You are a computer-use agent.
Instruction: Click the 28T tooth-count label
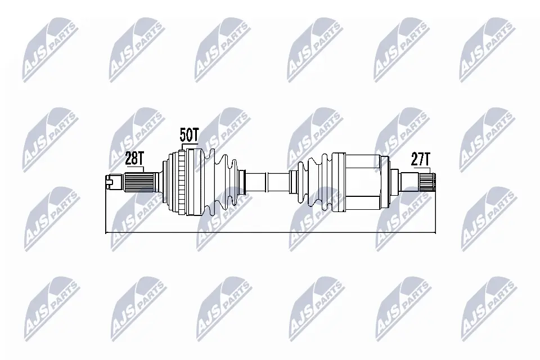pyautogui.click(x=134, y=159)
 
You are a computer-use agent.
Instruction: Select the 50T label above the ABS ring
pyautogui.click(x=190, y=134)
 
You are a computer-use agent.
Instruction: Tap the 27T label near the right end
pyautogui.click(x=421, y=160)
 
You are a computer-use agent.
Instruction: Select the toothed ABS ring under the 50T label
pyautogui.click(x=183, y=183)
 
